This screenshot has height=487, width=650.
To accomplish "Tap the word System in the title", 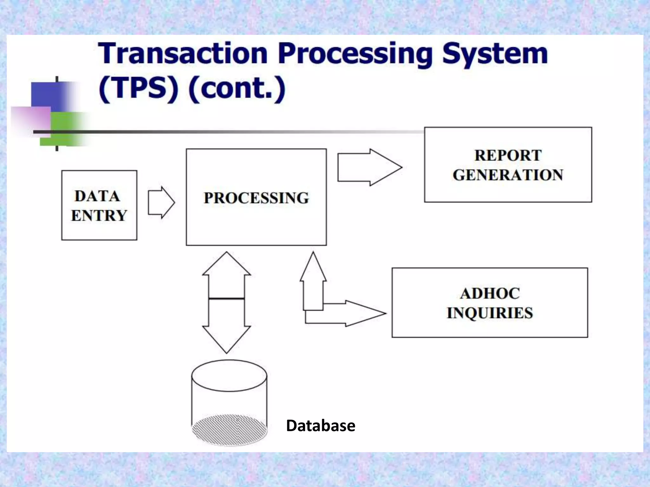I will [495, 54].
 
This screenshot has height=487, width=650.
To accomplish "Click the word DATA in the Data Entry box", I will [97, 196].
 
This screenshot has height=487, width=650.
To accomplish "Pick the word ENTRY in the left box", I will [99, 216].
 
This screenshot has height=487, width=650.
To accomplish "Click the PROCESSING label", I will [256, 198].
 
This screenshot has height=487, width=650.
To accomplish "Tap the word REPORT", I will [508, 155].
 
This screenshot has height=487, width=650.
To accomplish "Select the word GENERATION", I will [508, 175].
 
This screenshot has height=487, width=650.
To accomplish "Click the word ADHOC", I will [490, 293].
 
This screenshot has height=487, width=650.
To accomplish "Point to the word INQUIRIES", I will [490, 313].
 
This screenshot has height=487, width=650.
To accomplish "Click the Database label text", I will [321, 425].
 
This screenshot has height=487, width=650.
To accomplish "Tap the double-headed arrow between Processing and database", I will [227, 303].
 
